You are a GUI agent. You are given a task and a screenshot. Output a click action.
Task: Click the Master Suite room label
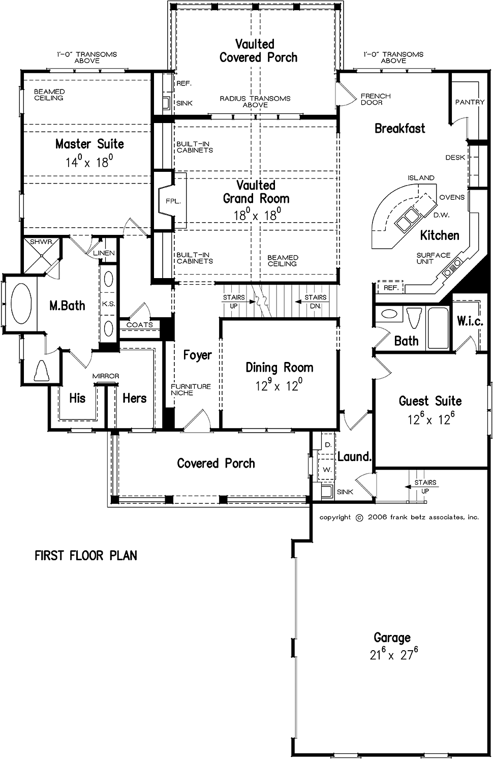tap(89, 144)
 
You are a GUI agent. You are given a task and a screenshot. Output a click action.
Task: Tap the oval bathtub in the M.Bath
tap(21, 303)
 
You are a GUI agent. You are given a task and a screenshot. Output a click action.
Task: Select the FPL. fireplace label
tap(173, 201)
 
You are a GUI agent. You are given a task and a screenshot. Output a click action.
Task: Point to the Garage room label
tap(392, 637)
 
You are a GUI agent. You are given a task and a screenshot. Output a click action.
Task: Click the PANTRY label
tap(470, 102)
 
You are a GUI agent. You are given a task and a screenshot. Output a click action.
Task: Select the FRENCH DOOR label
tap(376, 99)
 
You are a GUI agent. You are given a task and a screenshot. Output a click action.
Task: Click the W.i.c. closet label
tap(470, 321)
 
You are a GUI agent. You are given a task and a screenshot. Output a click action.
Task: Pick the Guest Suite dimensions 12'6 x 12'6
tap(430, 420)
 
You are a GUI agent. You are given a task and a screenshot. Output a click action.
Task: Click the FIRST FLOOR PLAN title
tap(86, 556)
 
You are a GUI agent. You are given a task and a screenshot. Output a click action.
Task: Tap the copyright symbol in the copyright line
tap(359, 518)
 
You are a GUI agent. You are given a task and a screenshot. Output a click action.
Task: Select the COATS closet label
tap(139, 325)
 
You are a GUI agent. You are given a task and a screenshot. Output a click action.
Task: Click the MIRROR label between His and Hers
tap(106, 376)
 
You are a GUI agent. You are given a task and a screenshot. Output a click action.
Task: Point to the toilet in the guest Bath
tap(412, 318)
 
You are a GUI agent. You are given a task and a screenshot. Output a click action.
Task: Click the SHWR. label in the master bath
tap(41, 242)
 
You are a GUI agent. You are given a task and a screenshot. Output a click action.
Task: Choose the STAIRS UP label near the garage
tap(425, 487)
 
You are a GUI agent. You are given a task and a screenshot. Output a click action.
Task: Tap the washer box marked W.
tap(327, 470)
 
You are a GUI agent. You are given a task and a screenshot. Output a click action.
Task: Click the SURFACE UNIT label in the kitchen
tap(433, 258)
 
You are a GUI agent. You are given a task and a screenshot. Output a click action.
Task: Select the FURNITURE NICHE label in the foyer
tap(191, 389)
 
